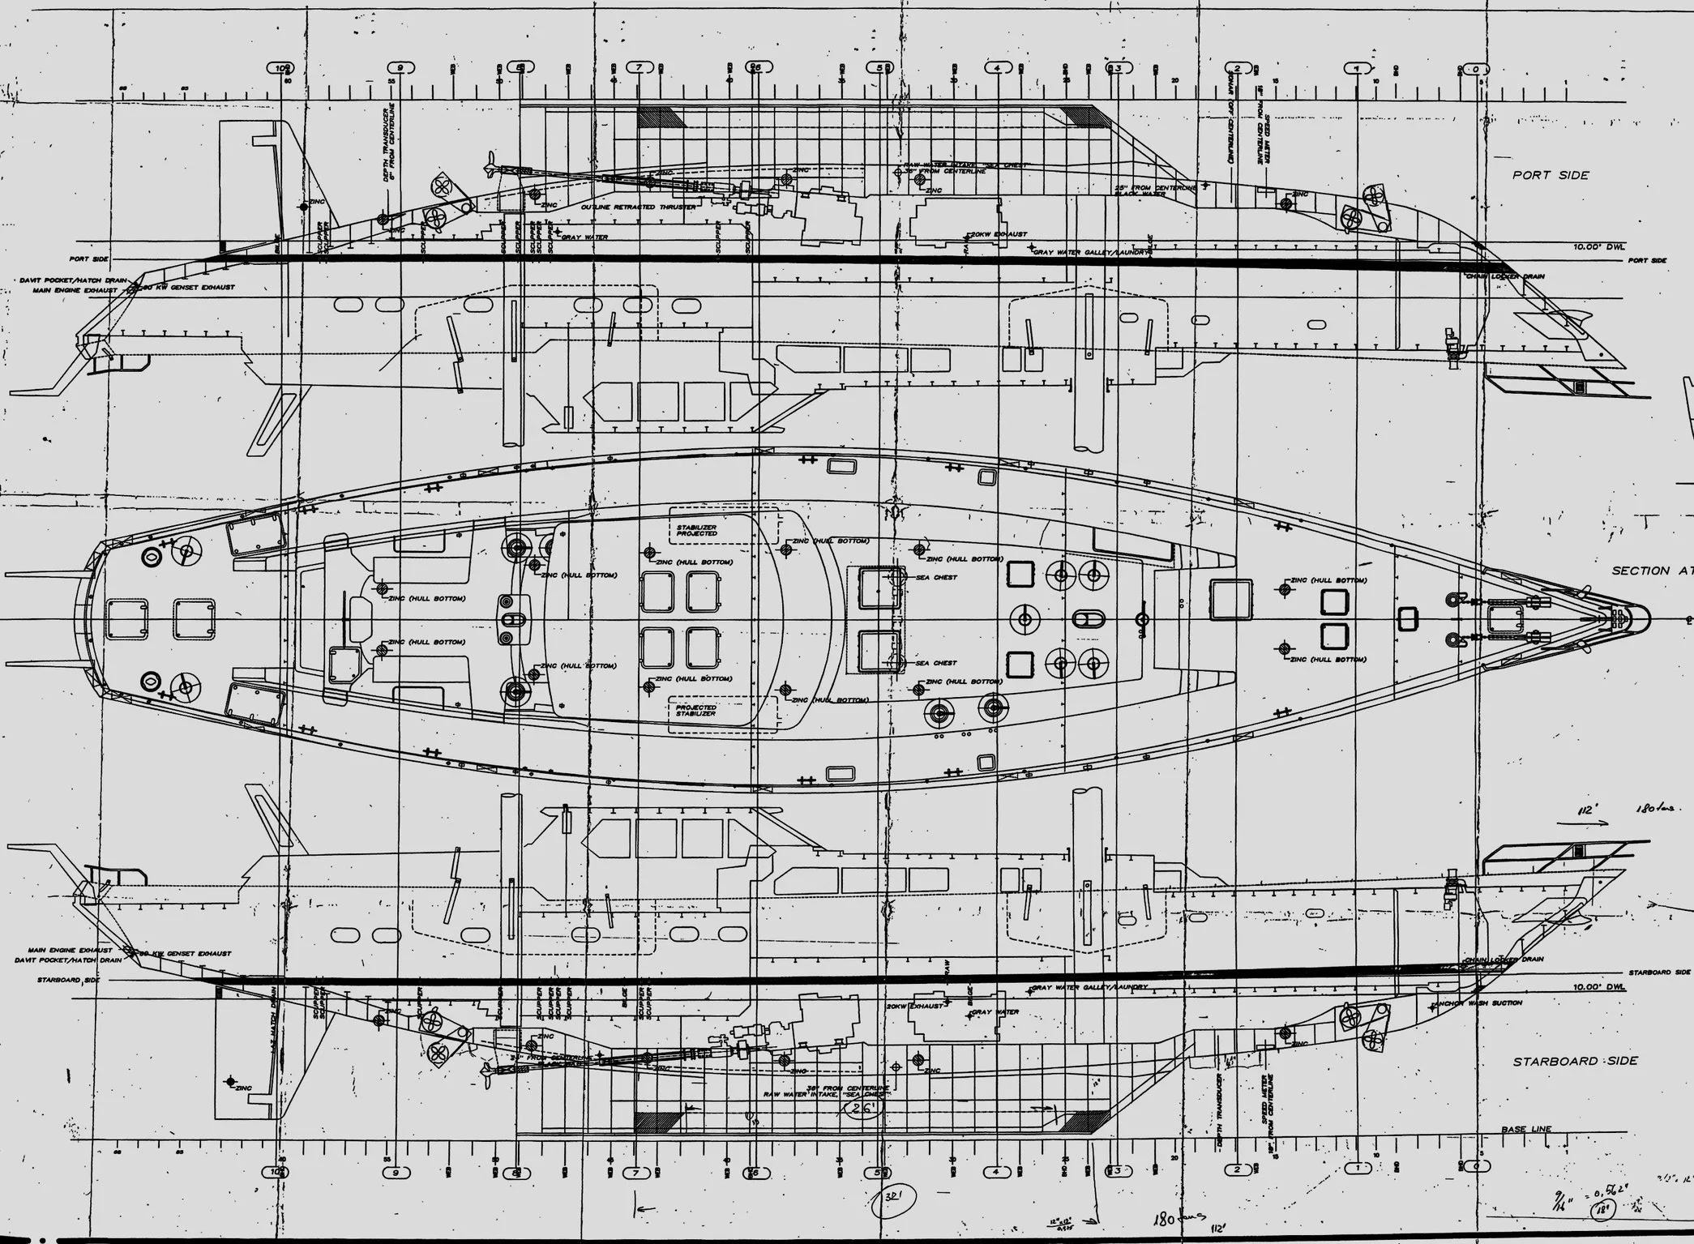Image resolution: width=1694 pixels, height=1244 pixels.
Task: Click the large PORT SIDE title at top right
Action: point(1551,175)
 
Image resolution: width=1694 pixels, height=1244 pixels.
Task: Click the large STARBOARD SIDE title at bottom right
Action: point(1575,1061)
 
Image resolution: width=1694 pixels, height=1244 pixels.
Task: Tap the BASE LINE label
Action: point(1526,1129)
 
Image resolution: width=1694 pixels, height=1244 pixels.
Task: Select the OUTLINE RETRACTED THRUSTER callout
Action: point(638,207)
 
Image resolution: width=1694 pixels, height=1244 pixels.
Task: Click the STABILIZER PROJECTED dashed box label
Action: point(697,531)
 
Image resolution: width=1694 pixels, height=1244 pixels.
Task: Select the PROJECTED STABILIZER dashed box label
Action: point(696,710)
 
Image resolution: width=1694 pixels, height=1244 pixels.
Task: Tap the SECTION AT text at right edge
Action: point(1650,571)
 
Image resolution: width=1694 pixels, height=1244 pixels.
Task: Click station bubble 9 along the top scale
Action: point(400,68)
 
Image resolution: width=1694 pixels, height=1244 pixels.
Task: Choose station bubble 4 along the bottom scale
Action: point(997,1171)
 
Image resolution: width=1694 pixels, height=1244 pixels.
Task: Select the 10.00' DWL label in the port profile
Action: point(1598,246)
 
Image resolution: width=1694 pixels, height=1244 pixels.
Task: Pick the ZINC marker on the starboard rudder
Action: point(232,1081)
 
